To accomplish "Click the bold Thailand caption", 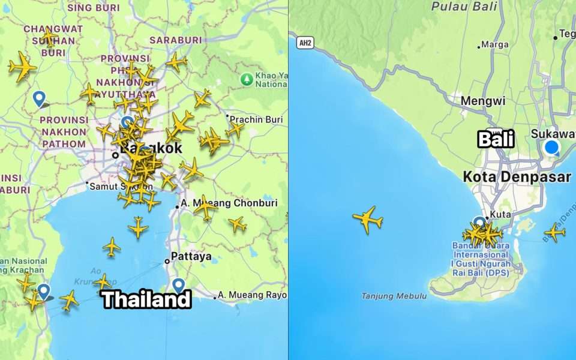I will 146,299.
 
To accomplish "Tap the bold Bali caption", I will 496,139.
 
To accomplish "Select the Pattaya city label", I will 191,257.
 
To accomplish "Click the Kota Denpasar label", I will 517,177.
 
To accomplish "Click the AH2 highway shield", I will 305,43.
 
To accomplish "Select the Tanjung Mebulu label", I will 394,296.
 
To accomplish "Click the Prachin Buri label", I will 256,119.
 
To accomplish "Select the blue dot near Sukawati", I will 551,148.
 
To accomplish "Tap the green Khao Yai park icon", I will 246,79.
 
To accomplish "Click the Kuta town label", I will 500,214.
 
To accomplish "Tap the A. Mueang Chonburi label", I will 230,203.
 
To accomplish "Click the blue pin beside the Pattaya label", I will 178,285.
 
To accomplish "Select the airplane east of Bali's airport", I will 554,232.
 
